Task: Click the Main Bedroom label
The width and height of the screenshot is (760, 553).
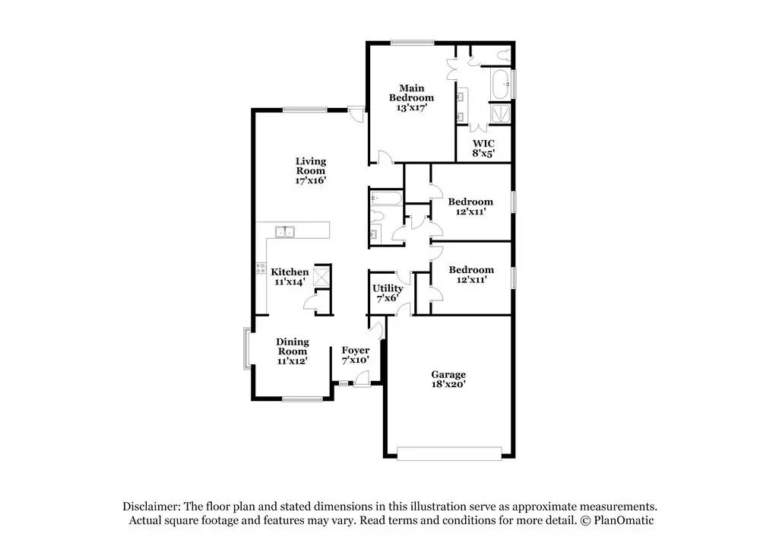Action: [x=411, y=97]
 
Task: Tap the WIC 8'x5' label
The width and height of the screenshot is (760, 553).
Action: [x=483, y=148]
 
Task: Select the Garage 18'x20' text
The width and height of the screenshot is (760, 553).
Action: [x=448, y=380]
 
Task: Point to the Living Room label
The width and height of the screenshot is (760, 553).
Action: [x=311, y=171]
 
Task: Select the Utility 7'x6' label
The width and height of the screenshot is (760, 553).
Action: [x=387, y=294]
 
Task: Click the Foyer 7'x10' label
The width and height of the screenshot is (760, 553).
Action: [x=355, y=355]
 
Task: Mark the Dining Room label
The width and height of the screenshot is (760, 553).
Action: [x=292, y=351]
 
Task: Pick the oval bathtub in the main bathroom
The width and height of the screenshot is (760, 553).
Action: [x=500, y=84]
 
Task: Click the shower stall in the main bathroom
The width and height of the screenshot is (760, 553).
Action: [x=500, y=113]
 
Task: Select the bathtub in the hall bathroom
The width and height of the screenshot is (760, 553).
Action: [x=385, y=199]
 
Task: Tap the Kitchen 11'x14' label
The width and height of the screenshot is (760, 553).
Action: [x=290, y=277]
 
